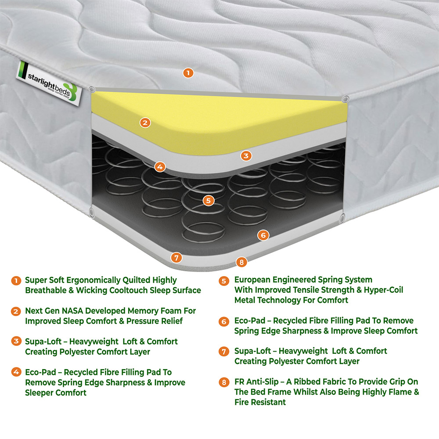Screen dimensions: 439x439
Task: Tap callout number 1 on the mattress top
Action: coord(188,73)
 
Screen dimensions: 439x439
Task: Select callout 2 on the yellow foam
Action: coord(145,123)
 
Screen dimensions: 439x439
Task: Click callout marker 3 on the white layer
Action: coord(246,155)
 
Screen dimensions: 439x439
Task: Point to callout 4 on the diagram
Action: coord(160,167)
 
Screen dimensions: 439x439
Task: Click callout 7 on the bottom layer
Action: coord(176,258)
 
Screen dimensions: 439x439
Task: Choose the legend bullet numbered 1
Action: coord(16,280)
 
